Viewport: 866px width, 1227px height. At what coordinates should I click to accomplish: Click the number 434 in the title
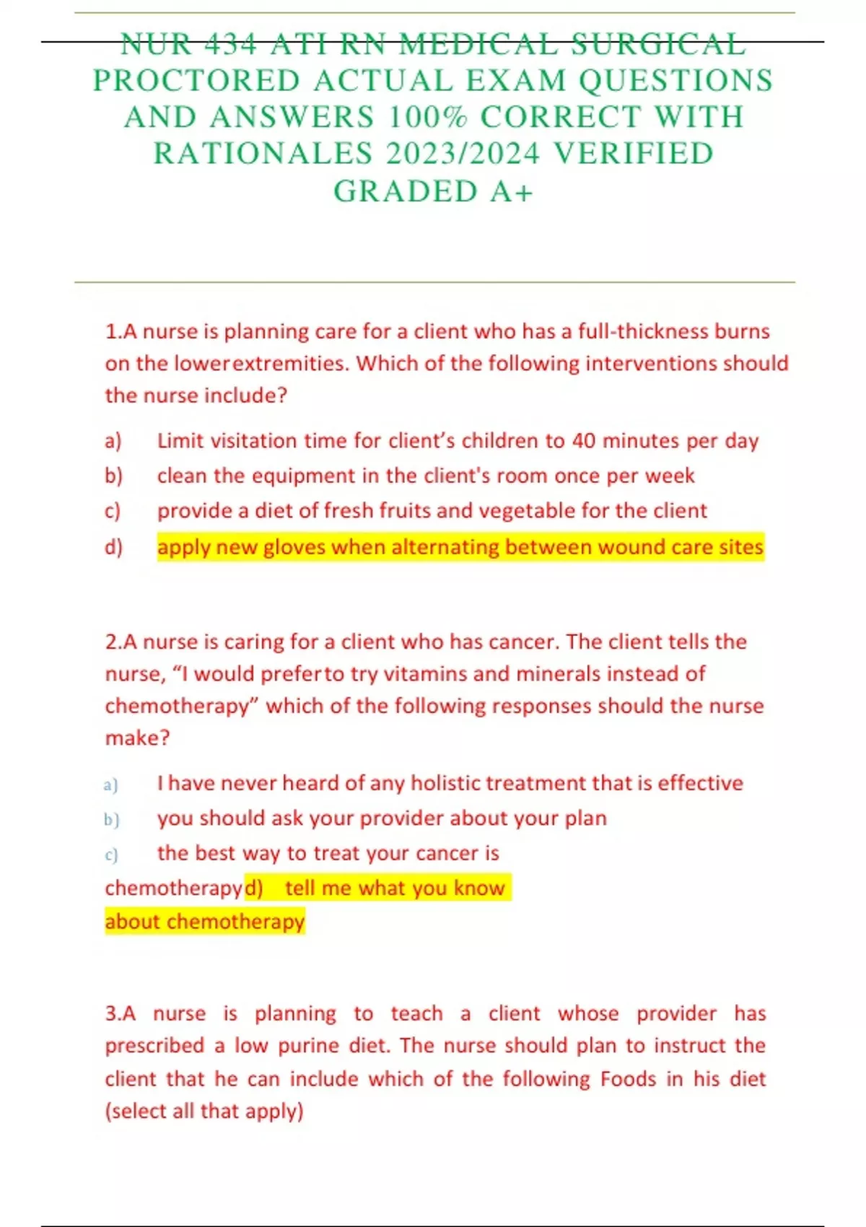click(x=230, y=44)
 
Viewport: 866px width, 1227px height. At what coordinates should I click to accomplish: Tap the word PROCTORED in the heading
click(x=196, y=81)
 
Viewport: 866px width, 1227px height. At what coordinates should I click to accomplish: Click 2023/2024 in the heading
click(x=463, y=154)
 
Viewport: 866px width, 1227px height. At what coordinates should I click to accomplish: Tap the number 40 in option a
click(x=584, y=440)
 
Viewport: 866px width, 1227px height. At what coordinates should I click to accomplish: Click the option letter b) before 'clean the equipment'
click(x=113, y=476)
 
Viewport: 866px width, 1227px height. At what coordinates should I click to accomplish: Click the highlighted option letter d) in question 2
click(x=254, y=888)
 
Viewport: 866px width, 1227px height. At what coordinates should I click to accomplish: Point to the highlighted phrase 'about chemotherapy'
click(x=205, y=922)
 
